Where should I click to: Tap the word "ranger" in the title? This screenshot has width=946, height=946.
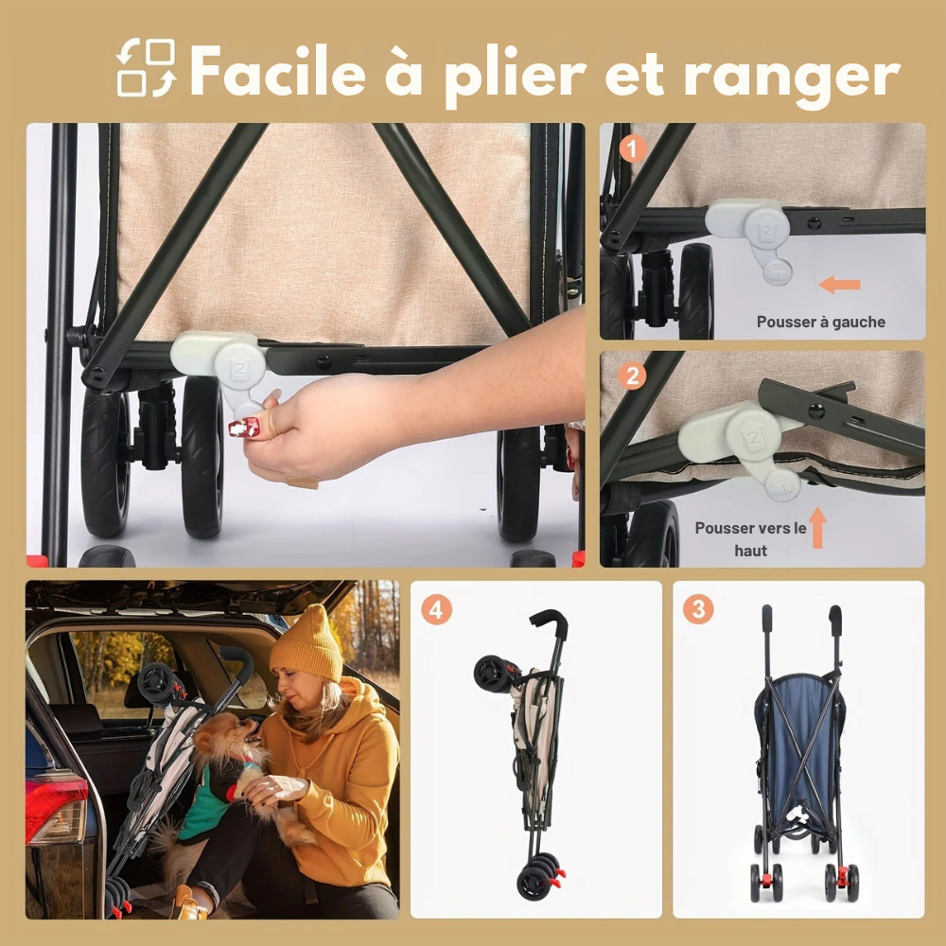click(792, 78)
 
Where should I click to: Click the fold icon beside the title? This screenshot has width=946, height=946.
click(146, 67)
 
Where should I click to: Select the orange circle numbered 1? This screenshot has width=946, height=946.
click(633, 149)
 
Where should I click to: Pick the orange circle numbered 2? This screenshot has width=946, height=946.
click(632, 377)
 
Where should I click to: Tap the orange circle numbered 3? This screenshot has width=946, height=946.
click(699, 609)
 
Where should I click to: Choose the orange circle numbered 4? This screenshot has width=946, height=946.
click(436, 610)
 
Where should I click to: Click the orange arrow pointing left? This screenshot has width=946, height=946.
click(839, 284)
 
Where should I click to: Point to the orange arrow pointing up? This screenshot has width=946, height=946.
click(817, 528)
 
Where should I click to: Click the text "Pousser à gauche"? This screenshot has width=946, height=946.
click(820, 323)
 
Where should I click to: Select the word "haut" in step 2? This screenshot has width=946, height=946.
click(750, 551)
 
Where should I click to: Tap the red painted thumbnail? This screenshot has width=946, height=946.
click(244, 428)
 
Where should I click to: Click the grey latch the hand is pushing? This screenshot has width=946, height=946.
click(228, 369)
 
